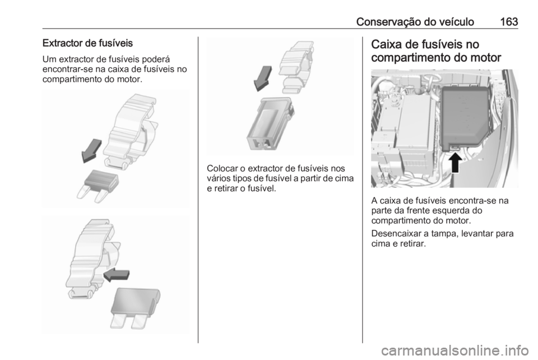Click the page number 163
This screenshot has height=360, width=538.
pos(509,22)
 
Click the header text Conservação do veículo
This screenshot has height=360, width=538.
pos(415,22)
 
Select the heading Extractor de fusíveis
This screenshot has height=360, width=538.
pos(87,43)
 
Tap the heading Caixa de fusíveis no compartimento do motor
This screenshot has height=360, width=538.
pos(436,51)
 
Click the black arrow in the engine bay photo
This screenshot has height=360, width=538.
pos(454,162)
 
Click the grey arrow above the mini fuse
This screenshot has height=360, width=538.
pos(91,151)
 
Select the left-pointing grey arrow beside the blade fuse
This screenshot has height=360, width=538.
pos(117,275)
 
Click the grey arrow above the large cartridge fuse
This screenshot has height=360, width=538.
pos(262,79)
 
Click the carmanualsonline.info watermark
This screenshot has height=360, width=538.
pos(454,350)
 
